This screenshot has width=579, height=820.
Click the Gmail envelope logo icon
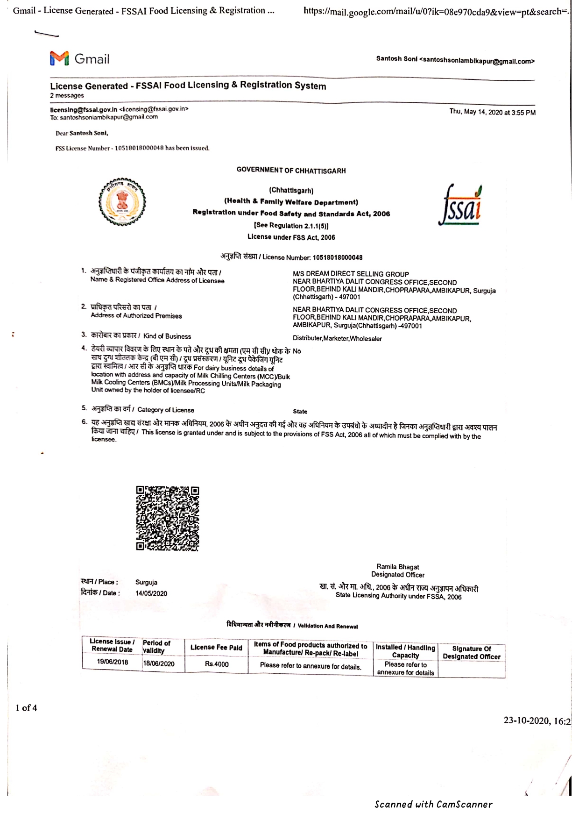pyautogui.click(x=59, y=58)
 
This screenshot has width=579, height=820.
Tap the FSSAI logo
pyautogui.click(x=460, y=206)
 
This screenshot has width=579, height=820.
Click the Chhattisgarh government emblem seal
pyautogui.click(x=122, y=202)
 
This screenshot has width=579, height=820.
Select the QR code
pyautogui.click(x=168, y=518)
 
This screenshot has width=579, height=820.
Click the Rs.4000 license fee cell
pyautogui.click(x=217, y=663)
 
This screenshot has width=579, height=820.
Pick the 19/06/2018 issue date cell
pyautogui.click(x=112, y=662)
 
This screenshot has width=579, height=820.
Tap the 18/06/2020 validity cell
pyautogui.click(x=159, y=663)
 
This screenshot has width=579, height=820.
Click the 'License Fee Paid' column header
pyautogui.click(x=216, y=647)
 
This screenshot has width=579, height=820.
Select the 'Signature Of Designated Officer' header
pyautogui.click(x=472, y=652)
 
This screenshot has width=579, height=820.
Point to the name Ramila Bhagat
pyautogui.click(x=398, y=567)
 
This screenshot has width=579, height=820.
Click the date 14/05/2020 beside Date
pyautogui.click(x=151, y=593)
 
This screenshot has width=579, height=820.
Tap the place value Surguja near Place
pyautogui.click(x=146, y=582)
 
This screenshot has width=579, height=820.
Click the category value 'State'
pyautogui.click(x=300, y=412)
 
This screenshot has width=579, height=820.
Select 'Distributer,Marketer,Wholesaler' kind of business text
pyautogui.click(x=337, y=338)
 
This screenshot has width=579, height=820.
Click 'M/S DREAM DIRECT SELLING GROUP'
pyautogui.click(x=351, y=274)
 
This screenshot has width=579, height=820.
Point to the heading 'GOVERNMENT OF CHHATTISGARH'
pyautogui.click(x=291, y=171)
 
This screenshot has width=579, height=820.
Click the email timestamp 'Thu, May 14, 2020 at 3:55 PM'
pyautogui.click(x=492, y=112)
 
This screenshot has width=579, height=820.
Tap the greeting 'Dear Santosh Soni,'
pyautogui.click(x=82, y=133)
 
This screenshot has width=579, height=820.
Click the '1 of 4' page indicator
pyautogui.click(x=26, y=708)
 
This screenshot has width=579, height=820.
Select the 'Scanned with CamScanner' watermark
pyautogui.click(x=433, y=804)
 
